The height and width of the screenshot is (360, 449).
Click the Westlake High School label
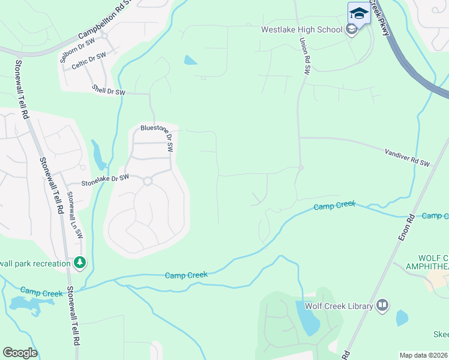[x=301, y=29]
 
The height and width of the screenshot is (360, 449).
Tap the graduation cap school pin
[x=358, y=13]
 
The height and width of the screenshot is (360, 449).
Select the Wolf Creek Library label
[x=339, y=307]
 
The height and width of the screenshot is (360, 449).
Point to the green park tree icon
[x=79, y=262]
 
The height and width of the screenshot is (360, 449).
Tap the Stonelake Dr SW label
[x=105, y=178]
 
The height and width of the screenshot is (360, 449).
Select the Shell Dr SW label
[x=109, y=91]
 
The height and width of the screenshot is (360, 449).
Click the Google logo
[x=20, y=353]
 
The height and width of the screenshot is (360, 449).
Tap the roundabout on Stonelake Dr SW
[x=146, y=180]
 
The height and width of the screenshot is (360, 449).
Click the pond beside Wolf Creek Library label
[x=307, y=318]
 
